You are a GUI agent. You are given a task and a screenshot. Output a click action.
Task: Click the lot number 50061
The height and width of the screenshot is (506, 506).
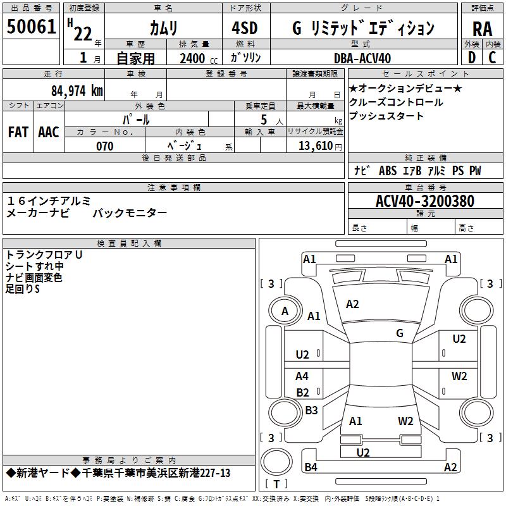31,27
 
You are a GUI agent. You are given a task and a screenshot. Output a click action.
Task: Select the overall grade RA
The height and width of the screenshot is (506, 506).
482,29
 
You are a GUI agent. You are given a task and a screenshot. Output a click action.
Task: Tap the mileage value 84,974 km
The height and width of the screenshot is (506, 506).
77,90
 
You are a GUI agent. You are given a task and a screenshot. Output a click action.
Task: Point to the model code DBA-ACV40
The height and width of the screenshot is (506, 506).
362,58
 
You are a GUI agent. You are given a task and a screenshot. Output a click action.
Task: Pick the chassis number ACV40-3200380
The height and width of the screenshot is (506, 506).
425,201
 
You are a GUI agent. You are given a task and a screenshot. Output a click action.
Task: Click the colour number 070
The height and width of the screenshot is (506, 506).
105,146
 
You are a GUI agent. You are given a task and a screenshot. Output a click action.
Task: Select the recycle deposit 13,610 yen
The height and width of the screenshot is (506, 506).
320,146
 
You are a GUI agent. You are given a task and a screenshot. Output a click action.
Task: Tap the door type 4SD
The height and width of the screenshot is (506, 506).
245,28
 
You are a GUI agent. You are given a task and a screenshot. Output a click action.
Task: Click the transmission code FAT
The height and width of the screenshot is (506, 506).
18,132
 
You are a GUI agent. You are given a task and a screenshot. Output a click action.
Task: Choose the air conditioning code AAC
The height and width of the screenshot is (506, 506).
49,132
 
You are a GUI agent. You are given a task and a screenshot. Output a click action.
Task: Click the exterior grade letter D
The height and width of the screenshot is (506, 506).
472,58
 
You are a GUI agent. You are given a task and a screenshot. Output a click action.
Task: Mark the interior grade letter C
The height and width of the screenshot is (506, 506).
492,58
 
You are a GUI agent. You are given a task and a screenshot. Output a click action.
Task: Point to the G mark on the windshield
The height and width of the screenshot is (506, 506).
400,333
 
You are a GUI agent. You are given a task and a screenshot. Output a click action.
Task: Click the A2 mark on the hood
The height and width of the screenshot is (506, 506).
352,304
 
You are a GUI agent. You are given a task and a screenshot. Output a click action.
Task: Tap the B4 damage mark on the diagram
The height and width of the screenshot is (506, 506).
311,467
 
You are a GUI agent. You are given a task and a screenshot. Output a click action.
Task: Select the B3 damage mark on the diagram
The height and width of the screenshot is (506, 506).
311,410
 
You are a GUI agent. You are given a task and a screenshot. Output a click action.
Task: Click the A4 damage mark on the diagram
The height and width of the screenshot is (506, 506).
302,376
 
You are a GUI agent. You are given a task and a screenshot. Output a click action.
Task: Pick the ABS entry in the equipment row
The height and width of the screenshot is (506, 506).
388,171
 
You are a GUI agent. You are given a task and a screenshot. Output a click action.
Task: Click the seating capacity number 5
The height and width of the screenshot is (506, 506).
264,120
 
